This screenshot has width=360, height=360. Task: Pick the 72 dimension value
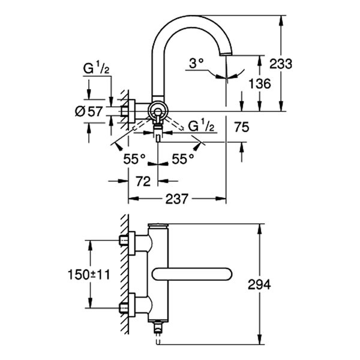click(143, 181)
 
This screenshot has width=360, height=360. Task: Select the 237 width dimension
click(177, 199)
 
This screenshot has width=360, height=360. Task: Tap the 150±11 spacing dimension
click(88, 274)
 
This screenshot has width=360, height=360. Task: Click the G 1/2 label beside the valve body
click(202, 126)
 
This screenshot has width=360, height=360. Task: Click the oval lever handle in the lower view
click(191, 274)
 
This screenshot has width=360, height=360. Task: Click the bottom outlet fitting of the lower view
click(158, 328)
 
